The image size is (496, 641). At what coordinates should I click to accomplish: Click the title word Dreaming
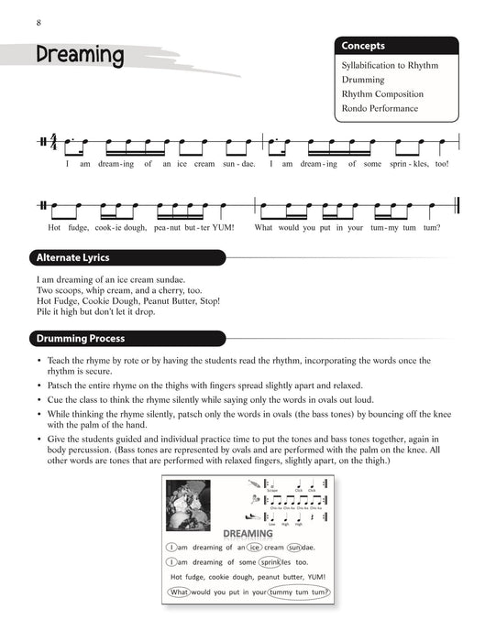(81, 56)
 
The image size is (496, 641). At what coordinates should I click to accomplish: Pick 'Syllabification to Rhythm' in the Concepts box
(390, 66)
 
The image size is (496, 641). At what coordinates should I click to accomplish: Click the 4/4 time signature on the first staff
(53, 143)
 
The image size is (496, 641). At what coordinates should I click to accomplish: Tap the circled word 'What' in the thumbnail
(178, 592)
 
